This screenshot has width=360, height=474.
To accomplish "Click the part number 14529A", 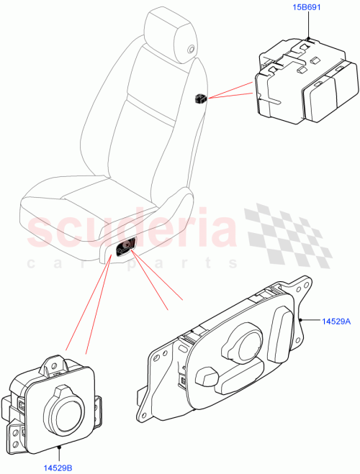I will click(x=335, y=321).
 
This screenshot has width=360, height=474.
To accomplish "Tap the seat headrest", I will click(x=170, y=33).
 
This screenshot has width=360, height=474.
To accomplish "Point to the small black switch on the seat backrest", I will click(x=201, y=98).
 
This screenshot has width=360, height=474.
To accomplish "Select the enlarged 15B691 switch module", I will click(x=302, y=86).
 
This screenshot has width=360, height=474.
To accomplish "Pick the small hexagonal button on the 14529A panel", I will click(x=207, y=376).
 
